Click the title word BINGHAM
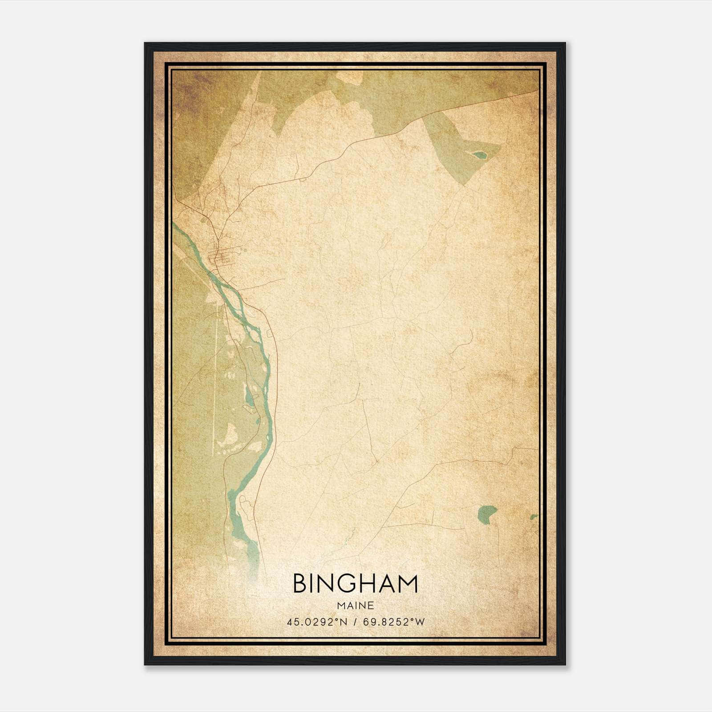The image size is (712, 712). pos(355,584)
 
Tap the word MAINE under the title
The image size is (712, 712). pos(355,606)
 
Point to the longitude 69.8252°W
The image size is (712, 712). pos(394,622)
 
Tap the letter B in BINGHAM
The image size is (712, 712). pos(299,584)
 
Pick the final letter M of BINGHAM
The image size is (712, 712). pos(408,584)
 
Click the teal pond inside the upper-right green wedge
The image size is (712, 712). pos(479,155)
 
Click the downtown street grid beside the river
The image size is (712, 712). pos(222,257)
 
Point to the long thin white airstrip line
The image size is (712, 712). pos(215,378)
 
